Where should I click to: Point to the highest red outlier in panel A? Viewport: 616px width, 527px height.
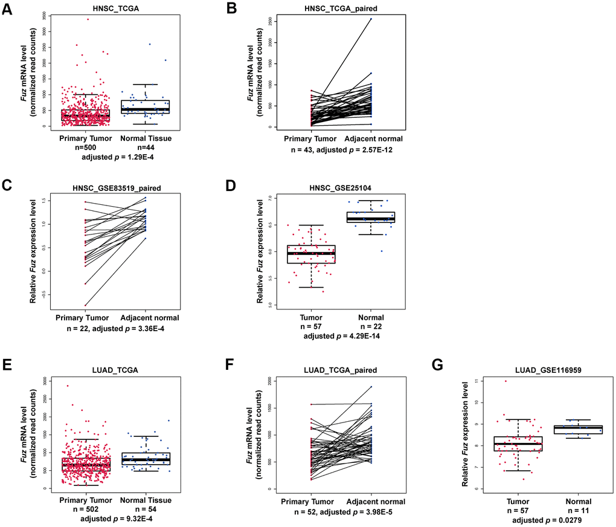(x=88, y=19)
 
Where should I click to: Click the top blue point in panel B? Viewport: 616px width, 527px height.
(x=371, y=19)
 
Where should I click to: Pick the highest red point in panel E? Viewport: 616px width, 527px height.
(x=68, y=386)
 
